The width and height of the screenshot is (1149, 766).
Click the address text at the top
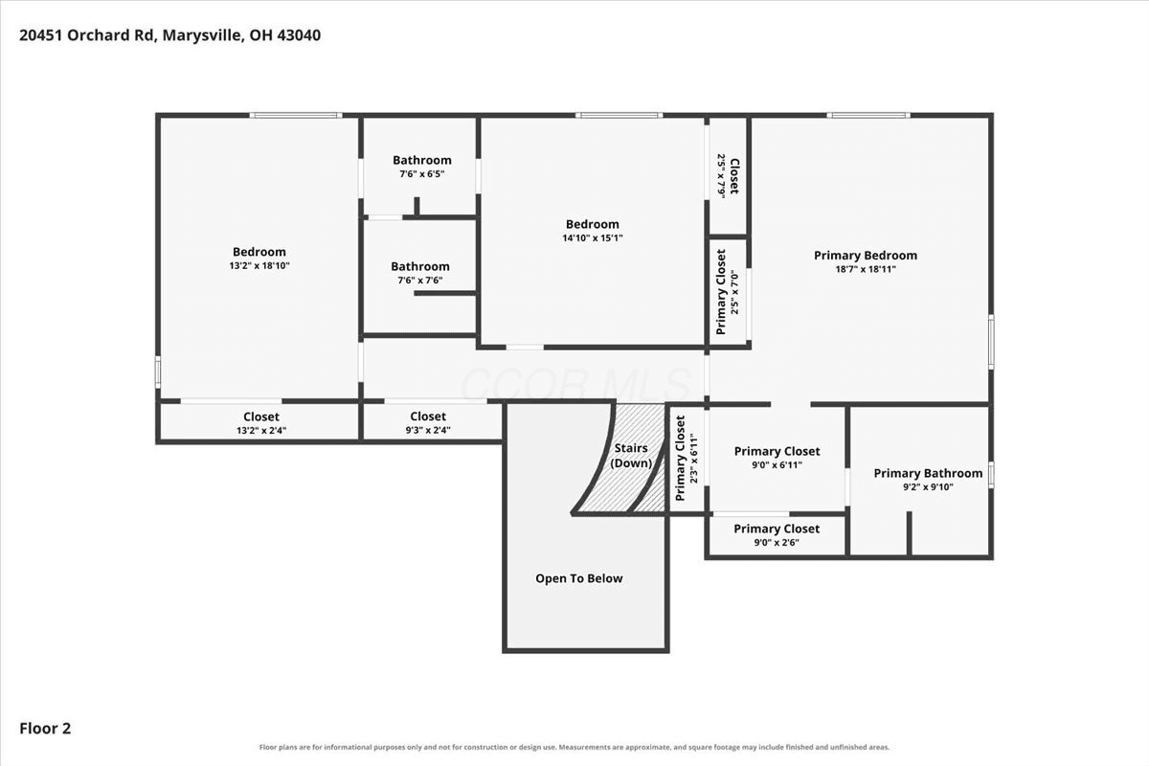click(x=169, y=35)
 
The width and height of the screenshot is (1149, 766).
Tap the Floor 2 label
click(x=45, y=728)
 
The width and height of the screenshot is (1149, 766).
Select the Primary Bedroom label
click(x=866, y=256)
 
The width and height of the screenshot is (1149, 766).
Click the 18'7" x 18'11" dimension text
click(x=866, y=269)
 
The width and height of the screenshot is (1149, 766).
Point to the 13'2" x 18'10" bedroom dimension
click(x=259, y=266)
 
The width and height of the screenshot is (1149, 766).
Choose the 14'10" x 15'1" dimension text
click(x=593, y=238)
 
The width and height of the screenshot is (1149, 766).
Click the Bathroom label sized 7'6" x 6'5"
click(x=422, y=160)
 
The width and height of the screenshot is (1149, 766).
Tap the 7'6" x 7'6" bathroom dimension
click(x=420, y=281)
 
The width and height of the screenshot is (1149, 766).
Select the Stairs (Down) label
click(x=631, y=456)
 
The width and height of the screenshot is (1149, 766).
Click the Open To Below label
click(x=579, y=578)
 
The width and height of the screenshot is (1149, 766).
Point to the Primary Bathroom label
click(x=928, y=473)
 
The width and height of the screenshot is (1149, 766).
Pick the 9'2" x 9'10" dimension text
click(x=928, y=487)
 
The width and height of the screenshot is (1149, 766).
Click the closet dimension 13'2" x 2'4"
click(x=261, y=431)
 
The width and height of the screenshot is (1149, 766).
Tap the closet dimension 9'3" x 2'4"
click(x=428, y=430)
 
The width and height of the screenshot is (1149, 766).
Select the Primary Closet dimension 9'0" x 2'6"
click(x=777, y=542)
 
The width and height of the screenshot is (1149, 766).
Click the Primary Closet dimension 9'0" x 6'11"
click(x=777, y=464)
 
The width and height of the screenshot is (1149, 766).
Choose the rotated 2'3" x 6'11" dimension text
click(x=694, y=458)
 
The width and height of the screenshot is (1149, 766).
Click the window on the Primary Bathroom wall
click(x=992, y=475)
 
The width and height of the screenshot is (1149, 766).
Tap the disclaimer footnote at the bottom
click(x=574, y=747)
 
